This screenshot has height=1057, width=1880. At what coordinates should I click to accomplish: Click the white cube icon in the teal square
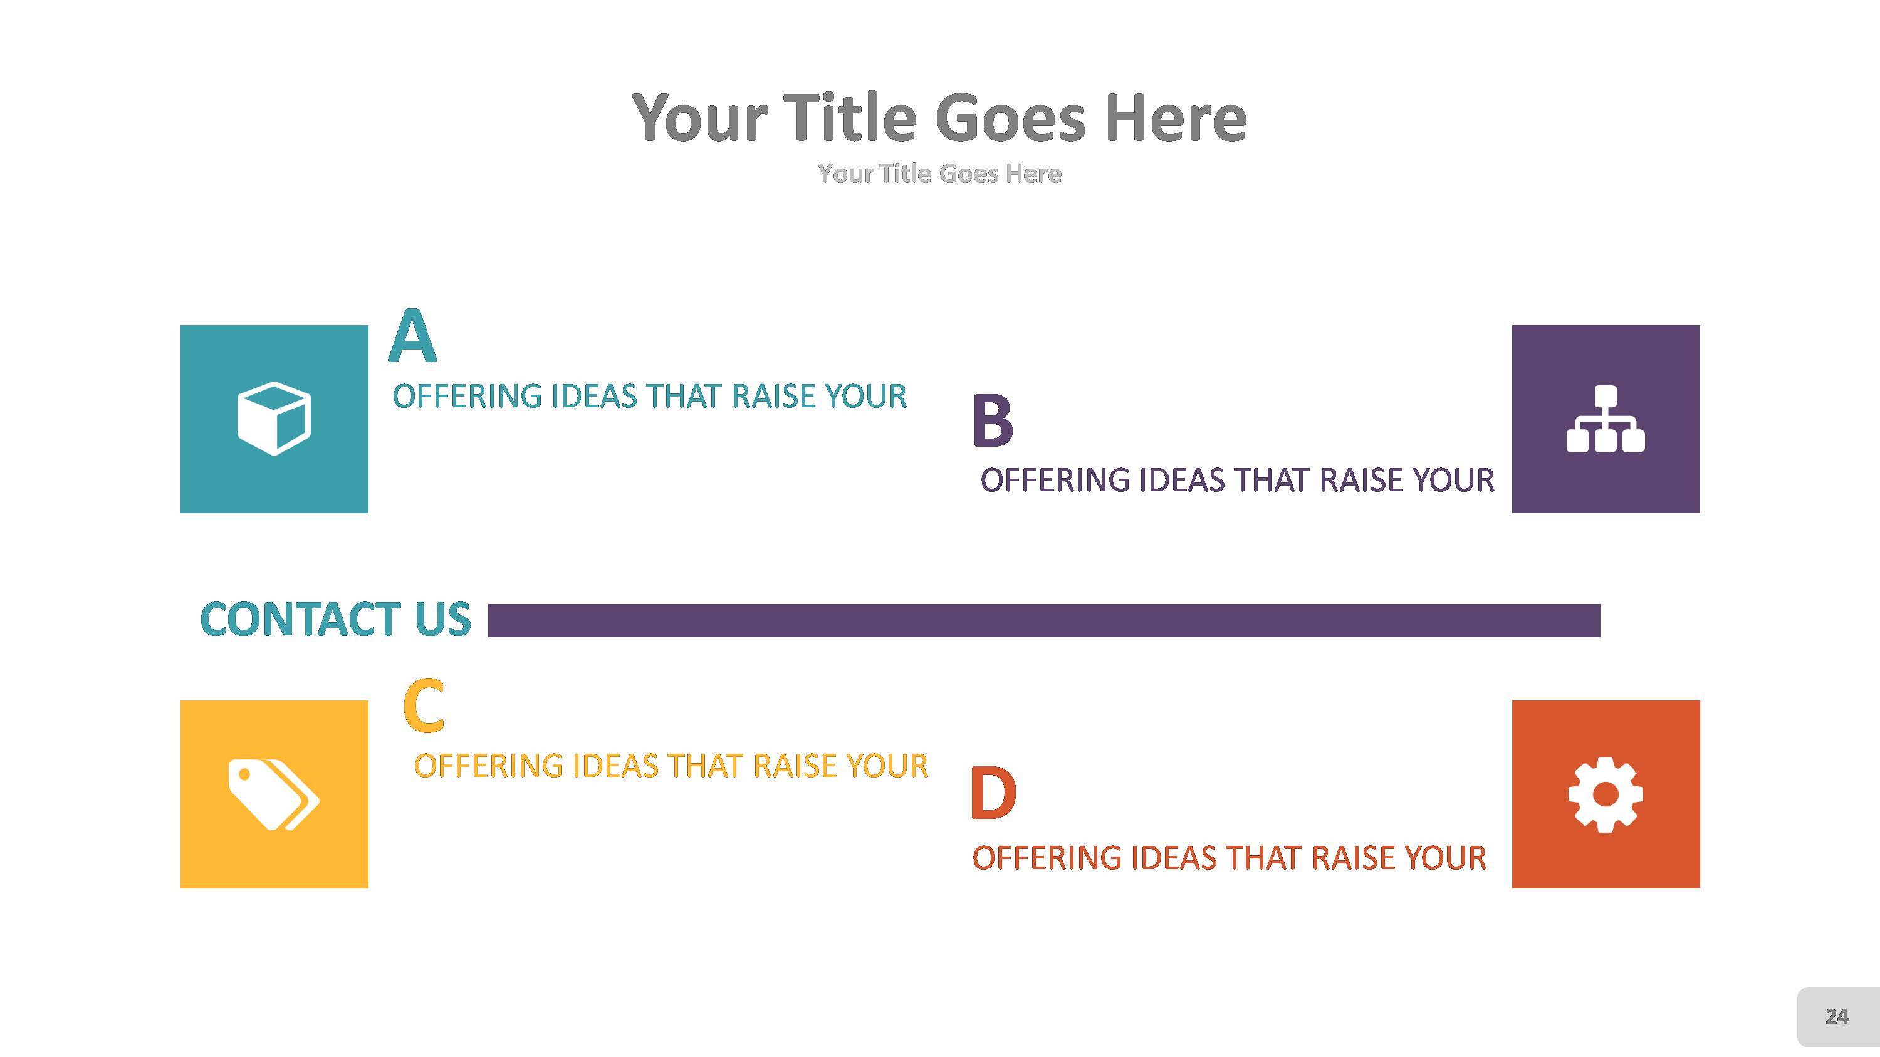[x=274, y=419]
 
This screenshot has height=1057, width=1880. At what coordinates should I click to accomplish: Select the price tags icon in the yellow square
[x=274, y=794]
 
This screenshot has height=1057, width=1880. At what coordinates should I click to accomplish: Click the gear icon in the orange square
[x=1605, y=794]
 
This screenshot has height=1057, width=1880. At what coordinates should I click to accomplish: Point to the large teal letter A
[x=412, y=337]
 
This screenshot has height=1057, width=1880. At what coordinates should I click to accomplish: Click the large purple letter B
[x=993, y=421]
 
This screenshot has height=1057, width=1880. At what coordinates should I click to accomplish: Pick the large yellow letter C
[x=423, y=706]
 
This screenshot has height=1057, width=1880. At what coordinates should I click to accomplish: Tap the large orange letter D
[x=993, y=794]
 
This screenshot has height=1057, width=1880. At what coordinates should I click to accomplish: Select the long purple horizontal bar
[x=1043, y=621]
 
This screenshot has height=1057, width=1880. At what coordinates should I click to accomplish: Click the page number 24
[x=1836, y=1017]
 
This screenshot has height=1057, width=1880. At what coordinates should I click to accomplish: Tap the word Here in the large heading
[x=1176, y=119]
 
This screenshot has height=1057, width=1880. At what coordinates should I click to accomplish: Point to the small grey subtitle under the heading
[x=939, y=174]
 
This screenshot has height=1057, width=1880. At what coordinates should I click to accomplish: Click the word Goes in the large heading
[x=1010, y=119]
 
